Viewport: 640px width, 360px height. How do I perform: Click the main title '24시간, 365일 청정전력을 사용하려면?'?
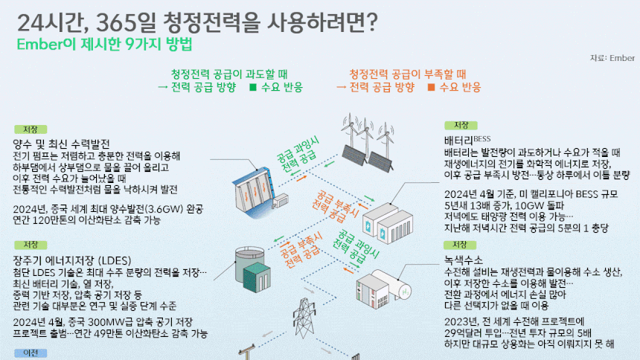(x=197, y=23)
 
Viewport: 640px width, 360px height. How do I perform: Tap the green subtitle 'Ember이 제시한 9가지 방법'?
(x=104, y=45)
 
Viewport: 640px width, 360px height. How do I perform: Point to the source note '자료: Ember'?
(x=612, y=58)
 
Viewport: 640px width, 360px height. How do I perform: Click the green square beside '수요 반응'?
(x=253, y=87)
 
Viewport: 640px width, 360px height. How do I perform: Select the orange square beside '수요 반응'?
(x=431, y=87)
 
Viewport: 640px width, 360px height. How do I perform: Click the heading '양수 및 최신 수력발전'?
(x=61, y=144)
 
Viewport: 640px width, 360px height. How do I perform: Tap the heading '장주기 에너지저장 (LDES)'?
(x=72, y=260)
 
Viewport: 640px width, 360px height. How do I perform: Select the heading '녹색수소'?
(x=464, y=260)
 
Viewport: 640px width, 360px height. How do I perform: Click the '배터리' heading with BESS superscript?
(x=467, y=141)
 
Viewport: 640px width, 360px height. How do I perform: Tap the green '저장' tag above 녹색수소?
(x=460, y=245)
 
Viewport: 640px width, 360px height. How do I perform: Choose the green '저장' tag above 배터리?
(x=461, y=125)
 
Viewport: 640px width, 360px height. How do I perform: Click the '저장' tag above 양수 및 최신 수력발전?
(x=31, y=129)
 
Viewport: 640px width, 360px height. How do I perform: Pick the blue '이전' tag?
(x=31, y=353)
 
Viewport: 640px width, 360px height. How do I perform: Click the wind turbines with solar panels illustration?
(x=368, y=143)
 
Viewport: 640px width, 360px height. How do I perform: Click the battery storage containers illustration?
(x=388, y=223)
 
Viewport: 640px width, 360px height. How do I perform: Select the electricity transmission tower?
(x=304, y=319)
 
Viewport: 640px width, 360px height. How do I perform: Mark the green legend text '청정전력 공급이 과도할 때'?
(x=229, y=74)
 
